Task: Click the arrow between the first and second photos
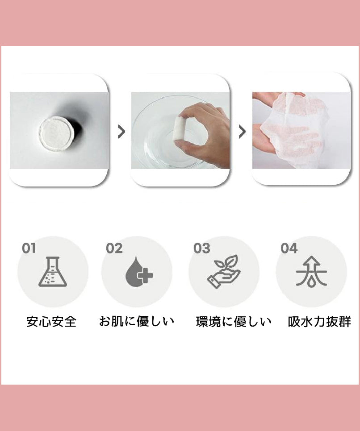[121, 132]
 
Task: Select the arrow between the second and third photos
[242, 132]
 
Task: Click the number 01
[29, 249]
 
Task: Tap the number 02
[114, 249]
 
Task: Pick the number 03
[202, 249]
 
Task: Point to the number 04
[289, 249]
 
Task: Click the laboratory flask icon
[53, 272]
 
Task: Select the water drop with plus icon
[139, 272]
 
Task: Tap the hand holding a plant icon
[224, 272]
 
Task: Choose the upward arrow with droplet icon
[311, 272]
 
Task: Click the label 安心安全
[51, 322]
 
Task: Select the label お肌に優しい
[137, 321]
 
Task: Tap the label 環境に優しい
[234, 322]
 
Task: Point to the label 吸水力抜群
[319, 322]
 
